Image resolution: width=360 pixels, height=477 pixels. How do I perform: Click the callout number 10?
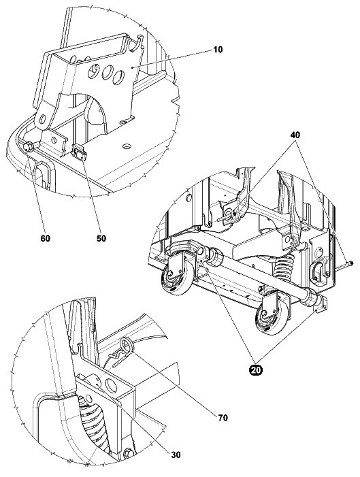(x=218, y=49)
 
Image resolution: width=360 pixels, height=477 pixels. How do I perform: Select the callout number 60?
(x=45, y=238)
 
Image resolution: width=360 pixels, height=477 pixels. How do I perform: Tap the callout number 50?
(x=101, y=238)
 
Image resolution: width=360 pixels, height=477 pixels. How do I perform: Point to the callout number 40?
(x=295, y=135)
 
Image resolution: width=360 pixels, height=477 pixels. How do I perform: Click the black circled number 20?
(x=256, y=370)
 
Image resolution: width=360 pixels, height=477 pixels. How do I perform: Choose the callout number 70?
(x=223, y=418)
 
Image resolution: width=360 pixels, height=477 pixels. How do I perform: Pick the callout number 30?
(x=176, y=455)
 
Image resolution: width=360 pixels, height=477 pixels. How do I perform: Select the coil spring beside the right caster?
(x=284, y=268)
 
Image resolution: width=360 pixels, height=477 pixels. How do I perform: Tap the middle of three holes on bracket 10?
(x=108, y=72)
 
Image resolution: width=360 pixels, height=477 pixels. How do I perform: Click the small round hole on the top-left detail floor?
(x=127, y=146)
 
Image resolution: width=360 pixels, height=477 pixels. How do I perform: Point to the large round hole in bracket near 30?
(x=111, y=386)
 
